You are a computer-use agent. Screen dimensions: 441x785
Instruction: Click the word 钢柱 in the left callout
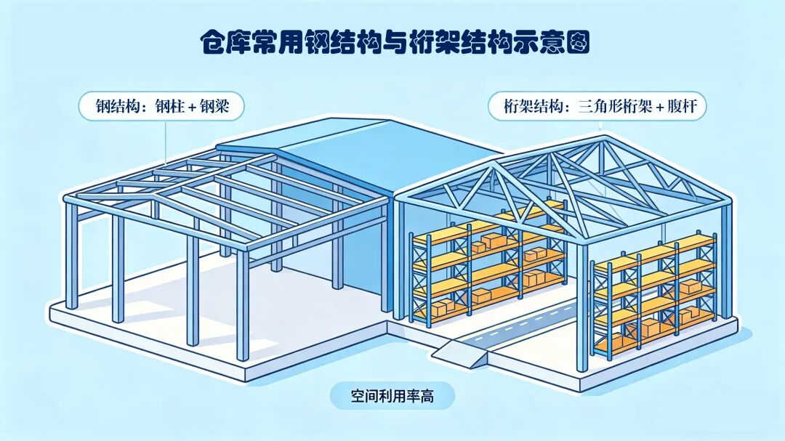(174, 107)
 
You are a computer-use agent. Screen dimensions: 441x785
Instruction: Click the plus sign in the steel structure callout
(195, 108)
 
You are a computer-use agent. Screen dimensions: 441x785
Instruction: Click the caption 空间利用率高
(392, 396)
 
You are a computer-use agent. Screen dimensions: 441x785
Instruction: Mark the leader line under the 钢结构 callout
(166, 142)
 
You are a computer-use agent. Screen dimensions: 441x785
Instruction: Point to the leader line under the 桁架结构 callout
(600, 126)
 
